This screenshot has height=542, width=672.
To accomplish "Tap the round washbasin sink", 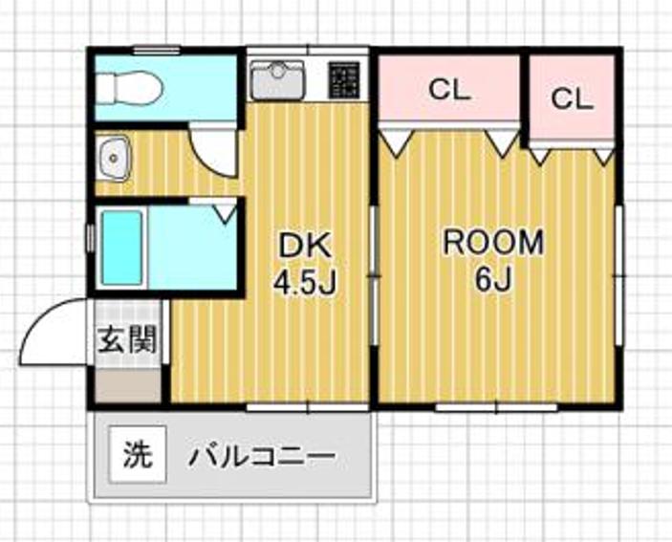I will (116, 157).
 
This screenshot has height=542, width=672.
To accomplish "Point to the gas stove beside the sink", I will (345, 79).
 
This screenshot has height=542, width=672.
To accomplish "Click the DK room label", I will (304, 246).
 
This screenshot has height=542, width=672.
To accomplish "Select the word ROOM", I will (492, 243).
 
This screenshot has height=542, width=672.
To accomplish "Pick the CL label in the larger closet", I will (449, 92).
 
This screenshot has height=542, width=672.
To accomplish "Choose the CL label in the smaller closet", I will (572, 98).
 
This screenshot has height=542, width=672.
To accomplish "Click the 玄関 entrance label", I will (127, 340).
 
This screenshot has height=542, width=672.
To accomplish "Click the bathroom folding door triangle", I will (226, 210).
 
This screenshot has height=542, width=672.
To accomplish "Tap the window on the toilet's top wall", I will (157, 49).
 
